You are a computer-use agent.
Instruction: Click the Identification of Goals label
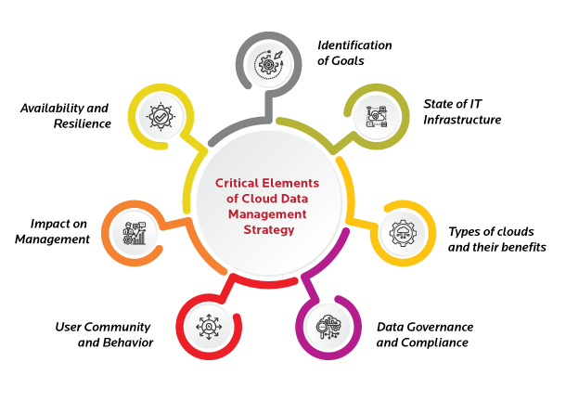point(354,53)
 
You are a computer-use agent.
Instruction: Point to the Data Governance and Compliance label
point(425,334)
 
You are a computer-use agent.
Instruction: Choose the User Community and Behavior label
point(103,334)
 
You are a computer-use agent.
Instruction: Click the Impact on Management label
point(58,231)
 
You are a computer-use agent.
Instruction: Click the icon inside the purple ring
point(332,329)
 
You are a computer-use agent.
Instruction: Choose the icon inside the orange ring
point(134,233)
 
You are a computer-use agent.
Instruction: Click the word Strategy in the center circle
point(273,228)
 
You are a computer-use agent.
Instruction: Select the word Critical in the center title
point(238,184)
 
